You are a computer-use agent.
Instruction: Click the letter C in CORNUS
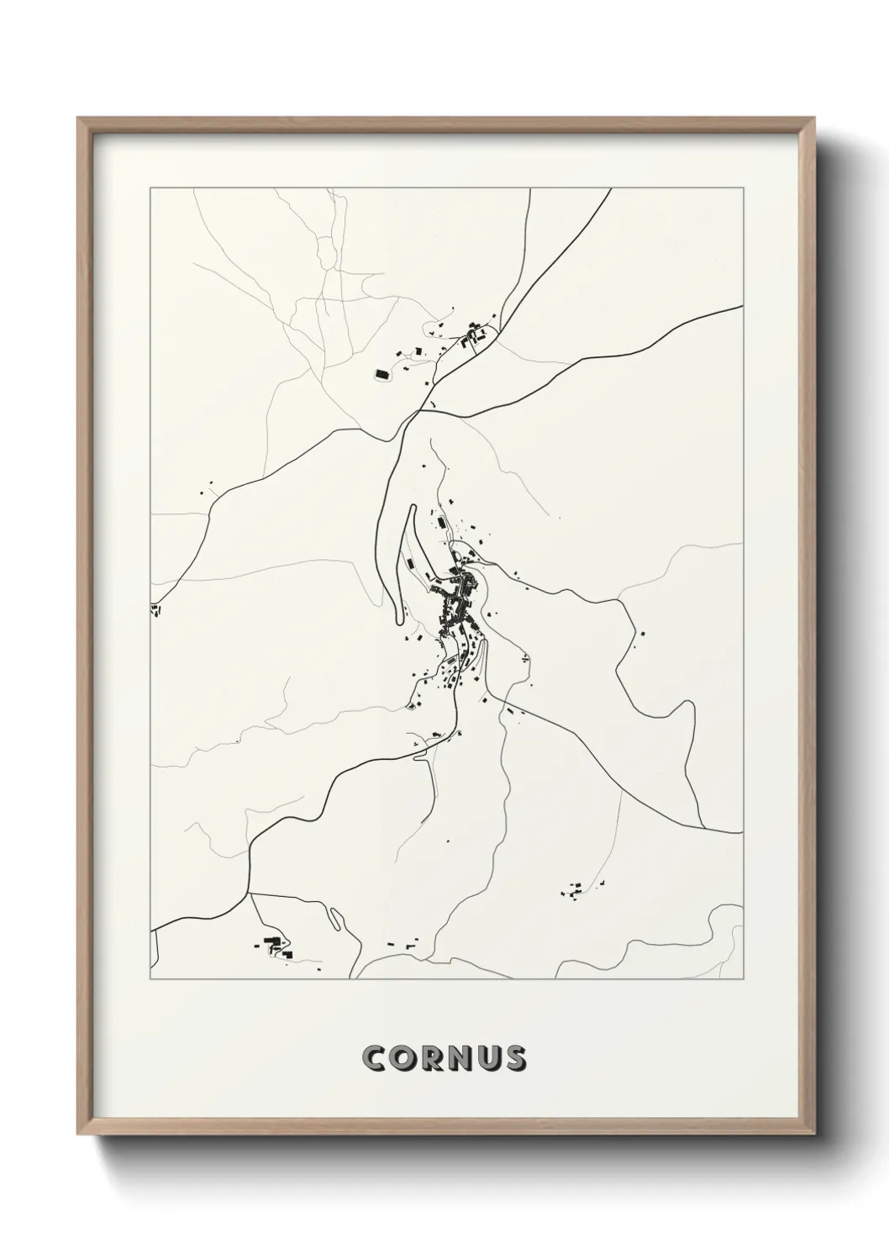374,1058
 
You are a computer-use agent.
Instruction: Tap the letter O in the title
402,1058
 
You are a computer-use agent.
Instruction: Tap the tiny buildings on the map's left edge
155,609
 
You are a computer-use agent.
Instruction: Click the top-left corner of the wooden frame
79,119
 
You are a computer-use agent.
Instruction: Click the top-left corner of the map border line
150,188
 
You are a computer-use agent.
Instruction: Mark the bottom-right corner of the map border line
744,980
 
